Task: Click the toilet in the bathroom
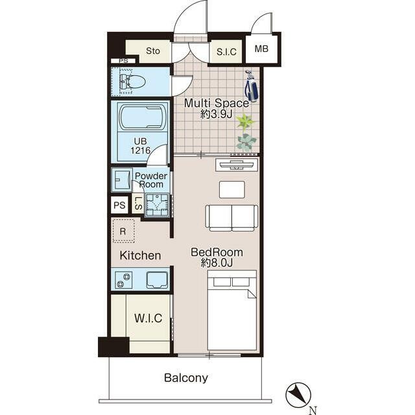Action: [132, 81]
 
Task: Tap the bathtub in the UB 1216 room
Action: [143, 117]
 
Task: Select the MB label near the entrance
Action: [261, 49]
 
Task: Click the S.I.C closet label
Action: [226, 52]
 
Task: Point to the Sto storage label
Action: [153, 51]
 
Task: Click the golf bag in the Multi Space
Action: [251, 86]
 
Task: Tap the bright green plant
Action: [245, 123]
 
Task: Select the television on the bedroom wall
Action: [237, 165]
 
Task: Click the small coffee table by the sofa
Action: [232, 189]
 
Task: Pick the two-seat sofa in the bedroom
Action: [231, 218]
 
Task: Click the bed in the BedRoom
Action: [232, 311]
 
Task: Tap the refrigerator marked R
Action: [123, 231]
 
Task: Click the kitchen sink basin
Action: [157, 279]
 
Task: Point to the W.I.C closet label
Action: [148, 318]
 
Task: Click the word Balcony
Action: [186, 378]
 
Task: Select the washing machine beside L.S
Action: [157, 206]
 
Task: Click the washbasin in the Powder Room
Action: [122, 180]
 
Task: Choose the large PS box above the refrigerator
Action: [119, 205]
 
